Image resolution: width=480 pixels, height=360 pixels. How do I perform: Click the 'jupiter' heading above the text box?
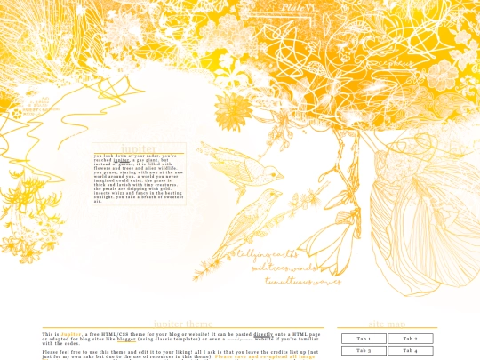139,148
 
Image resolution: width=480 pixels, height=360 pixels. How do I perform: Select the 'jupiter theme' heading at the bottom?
183,324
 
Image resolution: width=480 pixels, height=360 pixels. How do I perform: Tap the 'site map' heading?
387,324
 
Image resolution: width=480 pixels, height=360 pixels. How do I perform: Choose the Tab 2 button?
410,339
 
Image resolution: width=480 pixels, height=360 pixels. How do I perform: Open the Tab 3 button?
364,350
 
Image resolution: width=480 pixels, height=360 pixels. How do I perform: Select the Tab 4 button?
410,350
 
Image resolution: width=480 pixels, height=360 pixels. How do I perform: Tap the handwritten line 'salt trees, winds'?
284,267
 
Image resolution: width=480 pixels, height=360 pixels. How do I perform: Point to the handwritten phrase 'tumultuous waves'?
302,281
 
